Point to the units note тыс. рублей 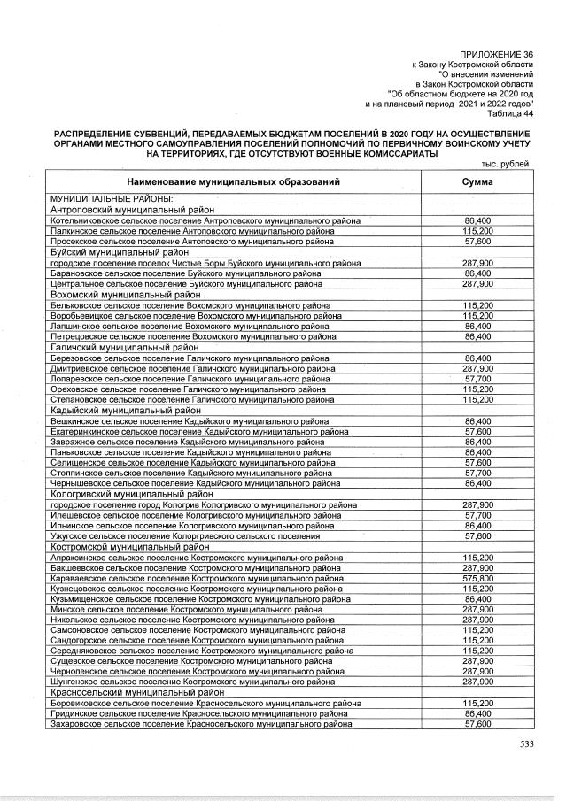[506, 165]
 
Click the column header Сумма [478, 181]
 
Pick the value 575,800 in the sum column [478, 577]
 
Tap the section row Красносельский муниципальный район [137, 692]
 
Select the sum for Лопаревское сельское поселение [478, 378]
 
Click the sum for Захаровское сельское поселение [478, 724]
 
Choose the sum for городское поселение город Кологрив [478, 504]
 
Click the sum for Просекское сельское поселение [478, 241]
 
